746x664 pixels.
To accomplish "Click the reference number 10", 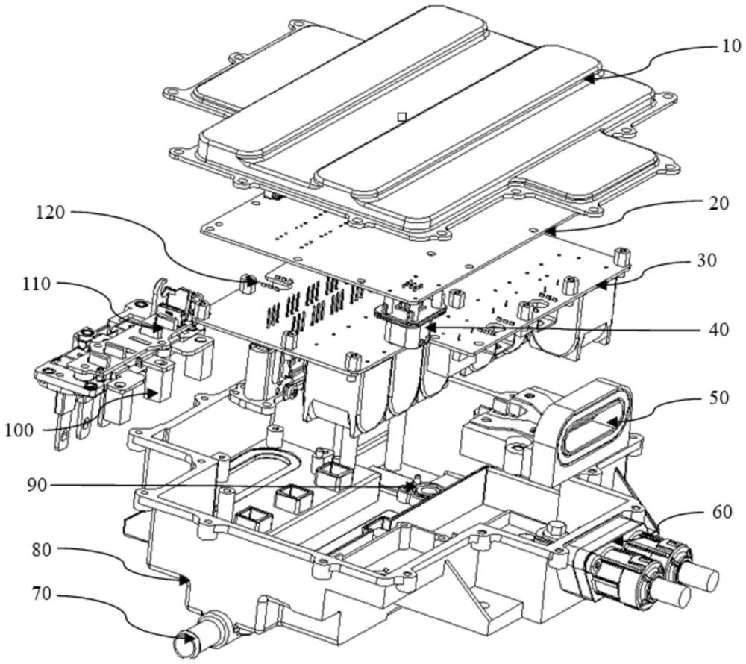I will coord(731,46).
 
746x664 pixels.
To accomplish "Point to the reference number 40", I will coord(717,329).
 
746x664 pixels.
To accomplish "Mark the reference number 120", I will coord(51,212).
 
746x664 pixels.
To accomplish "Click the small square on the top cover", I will coord(402,116).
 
